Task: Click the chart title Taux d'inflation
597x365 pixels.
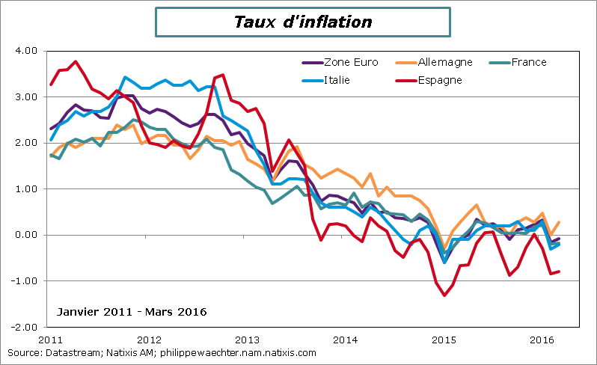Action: [303, 22]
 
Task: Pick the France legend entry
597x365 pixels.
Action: [528, 62]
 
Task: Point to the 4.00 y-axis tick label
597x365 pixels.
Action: [25, 51]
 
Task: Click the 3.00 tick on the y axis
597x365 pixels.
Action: [25, 97]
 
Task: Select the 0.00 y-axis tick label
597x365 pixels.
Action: [25, 235]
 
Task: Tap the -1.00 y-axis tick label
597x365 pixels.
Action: [24, 281]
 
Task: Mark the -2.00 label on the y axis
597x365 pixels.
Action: [24, 328]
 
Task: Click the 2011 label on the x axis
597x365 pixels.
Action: [49, 340]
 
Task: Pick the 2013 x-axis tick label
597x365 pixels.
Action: [247, 340]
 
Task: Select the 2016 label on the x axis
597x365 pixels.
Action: [542, 340]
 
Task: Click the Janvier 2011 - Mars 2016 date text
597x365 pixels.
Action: [132, 311]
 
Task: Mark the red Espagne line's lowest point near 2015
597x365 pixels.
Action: [444, 295]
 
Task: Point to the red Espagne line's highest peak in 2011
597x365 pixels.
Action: [76, 61]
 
